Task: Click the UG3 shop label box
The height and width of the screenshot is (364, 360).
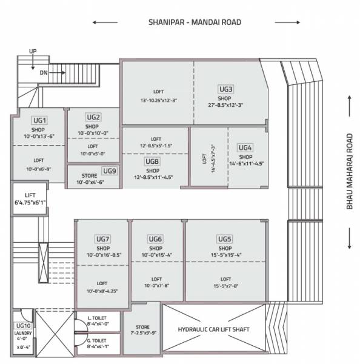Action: click(226, 89)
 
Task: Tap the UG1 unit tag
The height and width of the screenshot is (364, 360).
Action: click(40, 121)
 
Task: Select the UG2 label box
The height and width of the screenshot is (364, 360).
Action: click(93, 117)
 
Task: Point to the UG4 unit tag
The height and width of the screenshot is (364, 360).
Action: click(245, 148)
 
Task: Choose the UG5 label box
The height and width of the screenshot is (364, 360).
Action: click(225, 239)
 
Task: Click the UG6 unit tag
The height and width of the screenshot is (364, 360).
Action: click(155, 239)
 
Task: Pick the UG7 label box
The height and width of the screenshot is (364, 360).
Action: click(102, 239)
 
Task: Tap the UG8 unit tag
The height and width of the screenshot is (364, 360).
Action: click(152, 162)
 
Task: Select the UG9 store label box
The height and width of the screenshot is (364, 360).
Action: click(109, 171)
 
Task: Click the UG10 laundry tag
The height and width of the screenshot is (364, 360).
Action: click(22, 326)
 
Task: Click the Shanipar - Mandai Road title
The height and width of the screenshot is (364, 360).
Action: click(195, 22)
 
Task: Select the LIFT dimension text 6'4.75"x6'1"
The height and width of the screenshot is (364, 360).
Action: click(30, 203)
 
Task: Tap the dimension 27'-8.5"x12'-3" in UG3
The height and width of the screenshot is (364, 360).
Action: click(225, 105)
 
